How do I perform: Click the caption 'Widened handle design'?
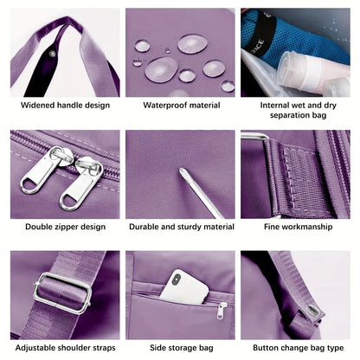tap(65, 106)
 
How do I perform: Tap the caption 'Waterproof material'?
tap(180, 106)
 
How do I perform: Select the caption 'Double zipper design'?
tap(65, 227)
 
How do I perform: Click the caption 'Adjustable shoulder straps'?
tap(65, 348)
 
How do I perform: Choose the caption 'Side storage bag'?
tap(180, 348)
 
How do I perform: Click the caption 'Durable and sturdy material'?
tap(180, 227)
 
